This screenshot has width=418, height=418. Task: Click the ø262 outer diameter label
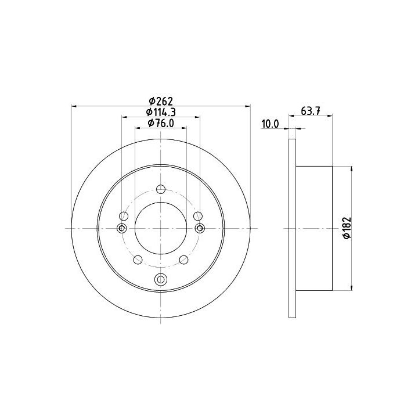point(161,101)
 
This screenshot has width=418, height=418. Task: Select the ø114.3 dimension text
point(161,112)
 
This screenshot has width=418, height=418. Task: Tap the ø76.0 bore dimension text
point(161,123)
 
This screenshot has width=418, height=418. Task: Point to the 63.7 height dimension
point(310,111)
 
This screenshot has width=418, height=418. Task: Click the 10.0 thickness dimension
point(270,124)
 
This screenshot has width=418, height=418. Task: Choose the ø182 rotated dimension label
point(347,228)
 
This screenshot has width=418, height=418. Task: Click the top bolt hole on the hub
point(161,189)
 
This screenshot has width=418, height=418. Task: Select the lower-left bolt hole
point(138,260)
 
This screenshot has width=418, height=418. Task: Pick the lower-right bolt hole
point(183,260)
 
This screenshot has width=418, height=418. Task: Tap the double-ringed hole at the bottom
point(161,279)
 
